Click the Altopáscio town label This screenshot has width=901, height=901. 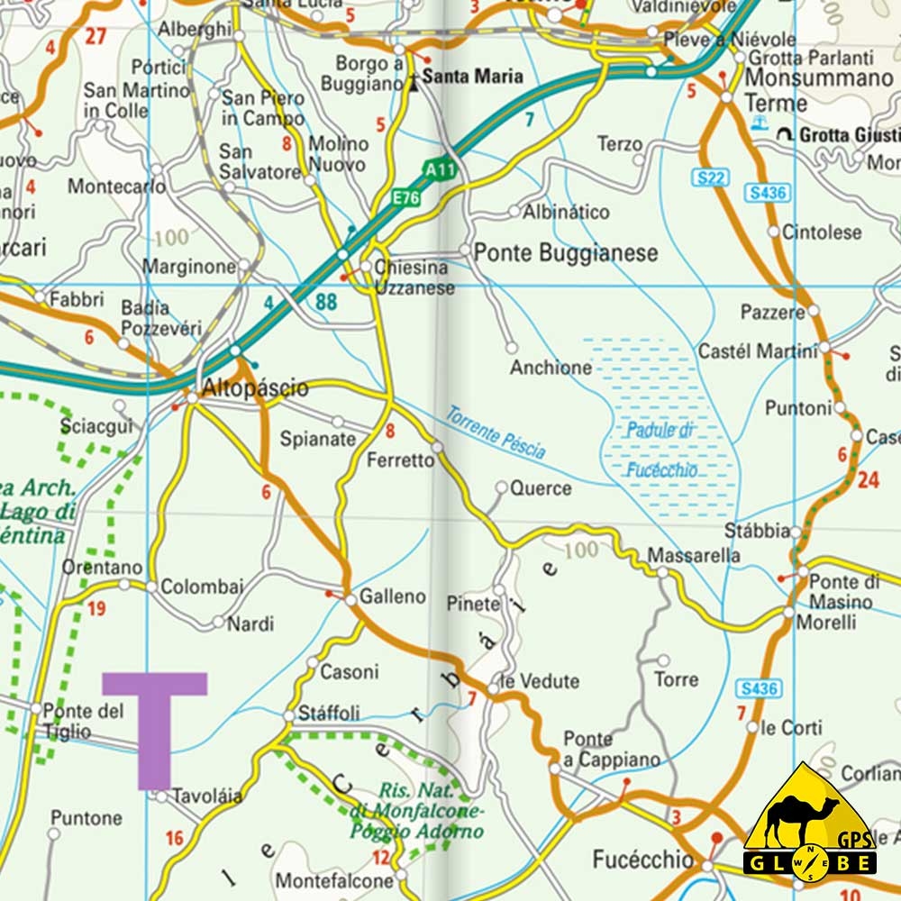click(256, 389)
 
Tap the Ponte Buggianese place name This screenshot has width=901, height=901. click(566, 253)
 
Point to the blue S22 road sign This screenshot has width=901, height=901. click(710, 177)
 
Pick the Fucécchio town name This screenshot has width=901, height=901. click(643, 859)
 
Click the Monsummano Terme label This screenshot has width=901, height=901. click(818, 90)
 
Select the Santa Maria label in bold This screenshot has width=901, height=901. click(472, 77)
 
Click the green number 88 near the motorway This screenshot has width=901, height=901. click(326, 303)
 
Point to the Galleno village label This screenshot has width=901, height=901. click(393, 596)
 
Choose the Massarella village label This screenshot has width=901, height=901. click(695, 555)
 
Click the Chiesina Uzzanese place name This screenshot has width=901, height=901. click(414, 278)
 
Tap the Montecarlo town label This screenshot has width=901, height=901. click(116, 187)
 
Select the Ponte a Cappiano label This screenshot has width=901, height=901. click(612, 749)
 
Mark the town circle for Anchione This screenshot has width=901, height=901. click(511, 347)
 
